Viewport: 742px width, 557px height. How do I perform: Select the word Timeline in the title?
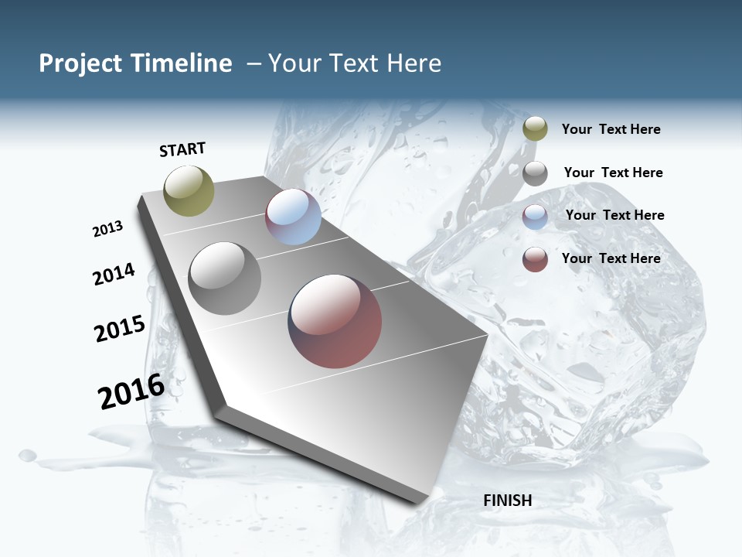click(182, 63)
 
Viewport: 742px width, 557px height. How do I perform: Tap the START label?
click(182, 149)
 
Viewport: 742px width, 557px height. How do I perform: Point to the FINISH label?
click(508, 501)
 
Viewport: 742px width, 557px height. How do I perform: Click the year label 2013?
click(108, 229)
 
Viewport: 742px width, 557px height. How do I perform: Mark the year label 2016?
click(131, 391)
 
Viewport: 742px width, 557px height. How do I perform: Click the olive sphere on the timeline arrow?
click(189, 190)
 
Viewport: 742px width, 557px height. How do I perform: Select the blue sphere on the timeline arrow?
click(293, 217)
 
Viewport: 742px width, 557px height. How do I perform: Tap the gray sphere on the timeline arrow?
click(225, 278)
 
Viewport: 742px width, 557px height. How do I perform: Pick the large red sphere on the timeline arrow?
click(335, 321)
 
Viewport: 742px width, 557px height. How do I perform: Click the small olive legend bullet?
click(535, 129)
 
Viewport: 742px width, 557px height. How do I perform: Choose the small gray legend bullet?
click(535, 173)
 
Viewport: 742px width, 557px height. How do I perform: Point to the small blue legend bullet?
click(535, 217)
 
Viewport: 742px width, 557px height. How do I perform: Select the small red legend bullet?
click(535, 259)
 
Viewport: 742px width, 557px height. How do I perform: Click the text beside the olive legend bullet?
click(611, 130)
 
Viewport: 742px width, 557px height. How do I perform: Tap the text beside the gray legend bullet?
click(613, 173)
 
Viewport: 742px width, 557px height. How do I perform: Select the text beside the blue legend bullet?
click(614, 215)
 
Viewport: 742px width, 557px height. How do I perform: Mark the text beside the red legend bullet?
click(611, 258)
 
